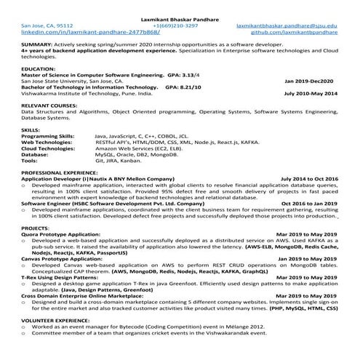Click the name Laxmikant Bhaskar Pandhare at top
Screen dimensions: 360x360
pyautogui.click(x=180, y=17)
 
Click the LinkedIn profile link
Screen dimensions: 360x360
pyautogui.click(x=70, y=33)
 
